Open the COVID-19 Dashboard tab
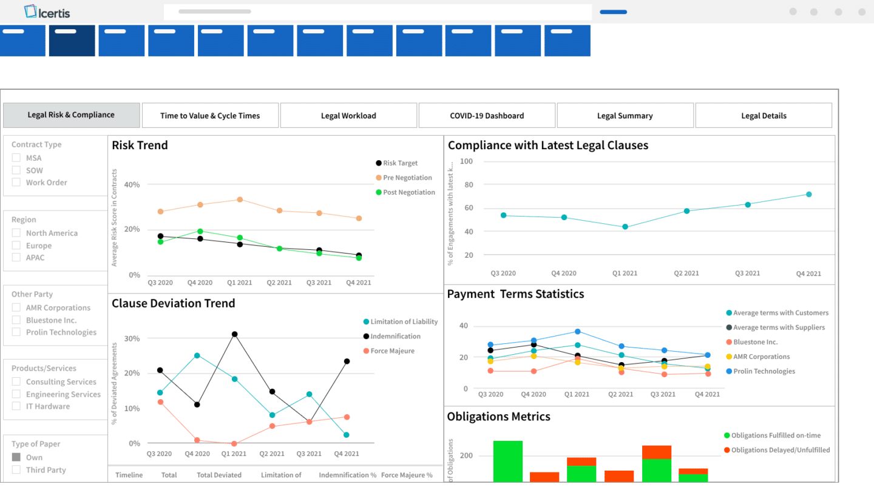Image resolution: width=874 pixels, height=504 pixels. pos(487,115)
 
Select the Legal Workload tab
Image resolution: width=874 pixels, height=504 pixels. pos(348,115)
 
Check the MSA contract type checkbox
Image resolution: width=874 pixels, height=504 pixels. pos(16,158)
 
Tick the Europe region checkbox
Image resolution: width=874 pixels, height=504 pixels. pos(16,246)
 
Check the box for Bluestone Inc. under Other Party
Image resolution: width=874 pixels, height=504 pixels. pos(16,320)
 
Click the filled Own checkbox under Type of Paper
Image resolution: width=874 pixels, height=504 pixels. pos(16,457)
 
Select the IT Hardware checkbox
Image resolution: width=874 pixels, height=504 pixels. pos(16,406)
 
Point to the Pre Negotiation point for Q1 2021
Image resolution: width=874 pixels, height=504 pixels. pos(240,200)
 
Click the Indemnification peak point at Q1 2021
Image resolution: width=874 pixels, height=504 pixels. pos(234,334)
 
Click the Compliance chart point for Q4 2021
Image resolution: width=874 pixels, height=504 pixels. pos(808,195)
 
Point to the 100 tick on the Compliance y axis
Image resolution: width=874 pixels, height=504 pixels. pos(466,161)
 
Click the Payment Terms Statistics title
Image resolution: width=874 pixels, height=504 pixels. pos(515,294)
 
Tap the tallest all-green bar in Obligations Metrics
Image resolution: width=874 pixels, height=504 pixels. pos(508,461)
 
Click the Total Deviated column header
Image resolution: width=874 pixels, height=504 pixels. pos(219,475)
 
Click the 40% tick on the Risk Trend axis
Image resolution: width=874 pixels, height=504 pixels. pos(132,184)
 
